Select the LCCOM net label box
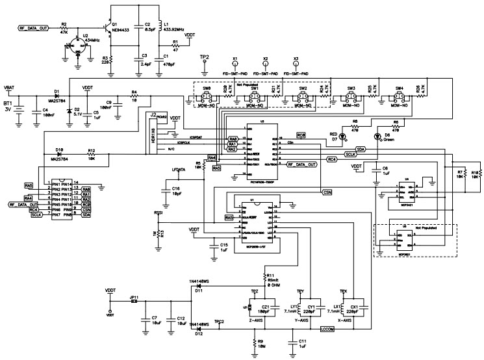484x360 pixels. (327, 329)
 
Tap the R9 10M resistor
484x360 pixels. (253, 341)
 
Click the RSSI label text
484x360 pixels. (157, 212)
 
